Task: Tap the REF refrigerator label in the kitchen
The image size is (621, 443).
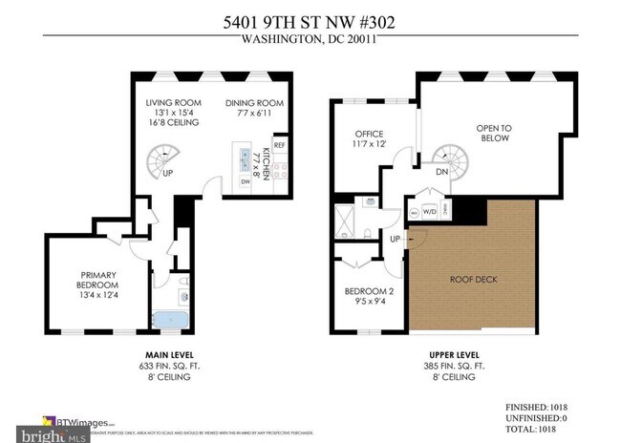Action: click(279, 145)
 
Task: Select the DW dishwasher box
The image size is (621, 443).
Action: click(246, 181)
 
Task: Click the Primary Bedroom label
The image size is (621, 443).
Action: click(97, 285)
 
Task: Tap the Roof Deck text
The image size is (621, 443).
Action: click(473, 280)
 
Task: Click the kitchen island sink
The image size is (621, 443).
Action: click(246, 156)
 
